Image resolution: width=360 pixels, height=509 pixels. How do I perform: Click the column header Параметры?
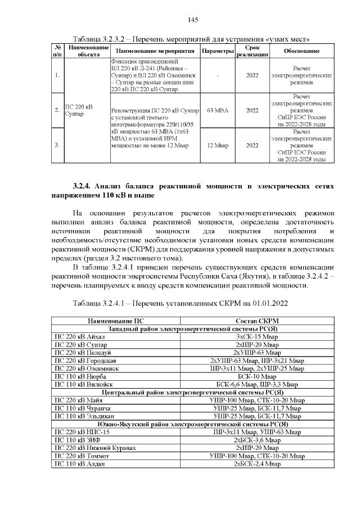click(x=217, y=51)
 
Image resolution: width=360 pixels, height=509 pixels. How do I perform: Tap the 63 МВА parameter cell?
click(x=217, y=111)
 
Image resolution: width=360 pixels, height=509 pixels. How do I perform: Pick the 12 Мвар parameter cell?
click(x=217, y=145)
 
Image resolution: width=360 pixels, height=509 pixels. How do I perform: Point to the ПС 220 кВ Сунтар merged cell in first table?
click(x=79, y=111)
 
